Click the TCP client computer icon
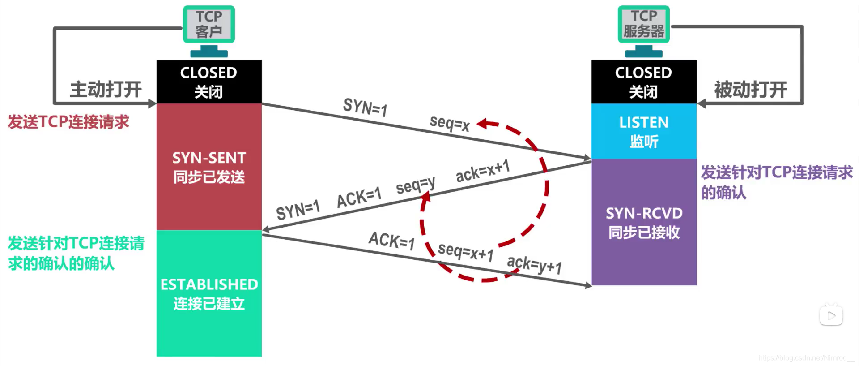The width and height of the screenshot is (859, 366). click(x=209, y=30)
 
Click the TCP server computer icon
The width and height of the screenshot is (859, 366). click(x=643, y=30)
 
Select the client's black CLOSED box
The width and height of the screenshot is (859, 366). click(x=209, y=82)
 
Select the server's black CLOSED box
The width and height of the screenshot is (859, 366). click(x=643, y=82)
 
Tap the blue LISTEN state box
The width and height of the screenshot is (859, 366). click(x=643, y=131)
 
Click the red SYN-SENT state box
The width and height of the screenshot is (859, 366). click(x=209, y=167)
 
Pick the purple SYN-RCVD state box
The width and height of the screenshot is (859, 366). click(x=643, y=222)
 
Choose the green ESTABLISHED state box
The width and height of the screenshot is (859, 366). click(x=209, y=293)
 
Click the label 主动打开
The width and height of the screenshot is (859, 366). click(x=106, y=89)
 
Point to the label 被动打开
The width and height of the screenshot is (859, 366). click(x=750, y=90)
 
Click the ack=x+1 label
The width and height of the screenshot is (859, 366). click(x=482, y=171)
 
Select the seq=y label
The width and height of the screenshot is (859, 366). click(x=415, y=185)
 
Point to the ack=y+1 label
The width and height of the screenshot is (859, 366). click(x=534, y=264)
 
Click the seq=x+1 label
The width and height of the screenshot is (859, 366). click(x=465, y=252)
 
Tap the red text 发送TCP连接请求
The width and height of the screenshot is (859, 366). click(x=68, y=122)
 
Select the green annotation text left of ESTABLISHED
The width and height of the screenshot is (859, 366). click(x=76, y=253)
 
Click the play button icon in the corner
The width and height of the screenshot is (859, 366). click(x=831, y=315)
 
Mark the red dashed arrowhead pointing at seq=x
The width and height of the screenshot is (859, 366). click(x=483, y=123)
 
